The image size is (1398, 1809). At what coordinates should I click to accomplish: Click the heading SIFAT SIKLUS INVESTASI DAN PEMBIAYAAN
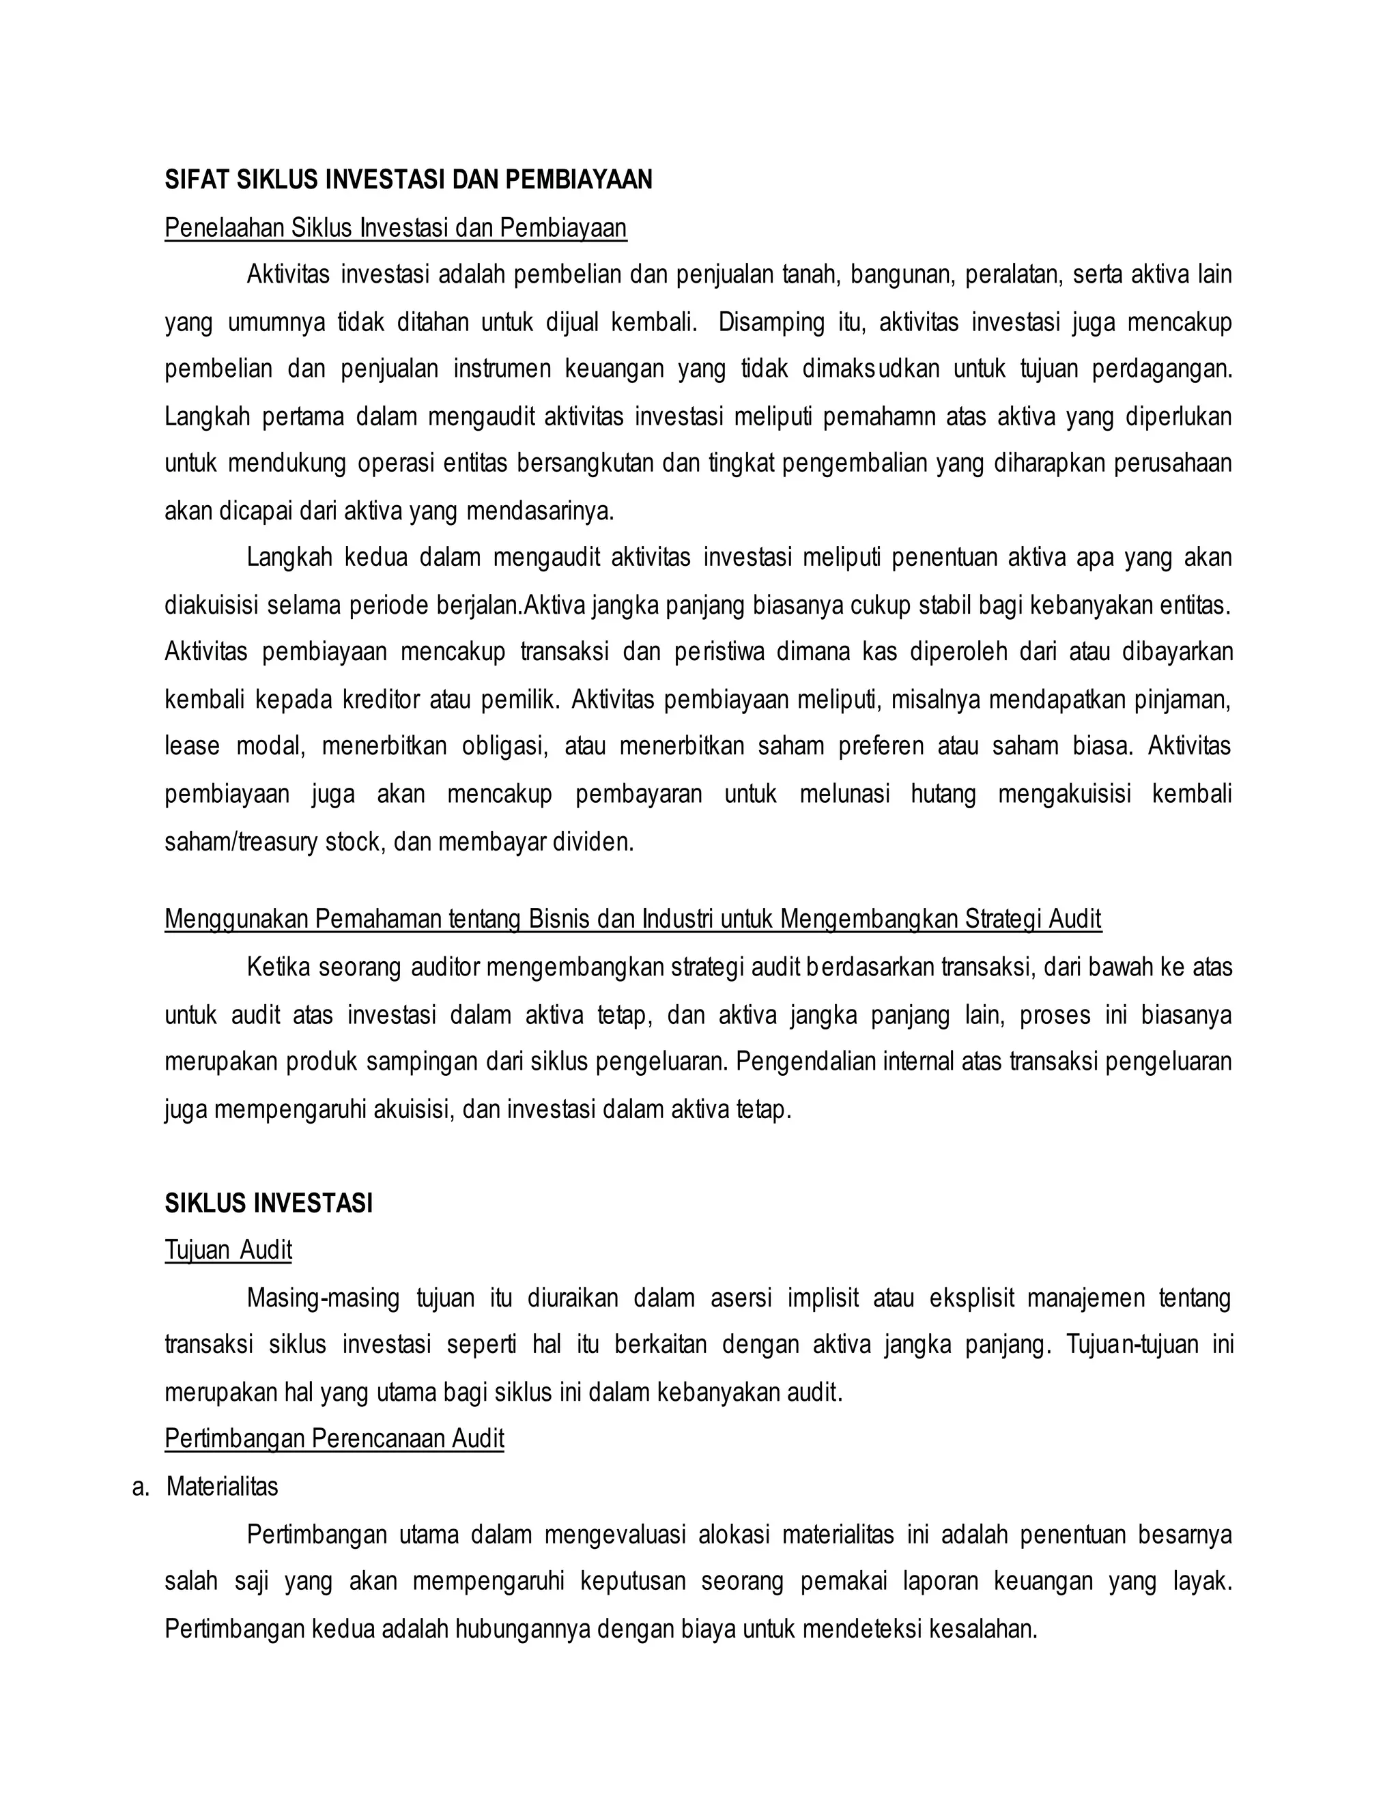(x=408, y=180)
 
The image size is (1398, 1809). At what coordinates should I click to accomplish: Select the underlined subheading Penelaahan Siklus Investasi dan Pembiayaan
(x=395, y=228)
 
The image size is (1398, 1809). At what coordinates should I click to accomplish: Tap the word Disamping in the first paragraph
(x=771, y=322)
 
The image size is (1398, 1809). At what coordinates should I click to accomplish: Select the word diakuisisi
(x=210, y=606)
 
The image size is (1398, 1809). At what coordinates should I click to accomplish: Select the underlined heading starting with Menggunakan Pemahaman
(x=633, y=919)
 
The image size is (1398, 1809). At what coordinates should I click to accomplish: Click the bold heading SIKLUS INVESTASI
(x=268, y=1203)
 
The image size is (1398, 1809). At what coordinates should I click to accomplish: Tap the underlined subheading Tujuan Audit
(x=228, y=1250)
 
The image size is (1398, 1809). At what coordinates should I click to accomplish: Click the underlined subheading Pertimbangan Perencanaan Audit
(x=334, y=1439)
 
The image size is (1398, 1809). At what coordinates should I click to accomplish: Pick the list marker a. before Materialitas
(x=141, y=1487)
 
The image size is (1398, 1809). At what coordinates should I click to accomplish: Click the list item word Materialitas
(x=222, y=1487)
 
